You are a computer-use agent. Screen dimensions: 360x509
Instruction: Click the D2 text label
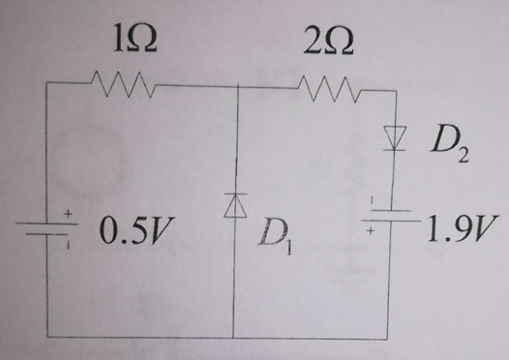[x=447, y=146]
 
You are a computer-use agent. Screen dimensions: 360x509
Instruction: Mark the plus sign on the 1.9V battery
[x=372, y=232]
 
